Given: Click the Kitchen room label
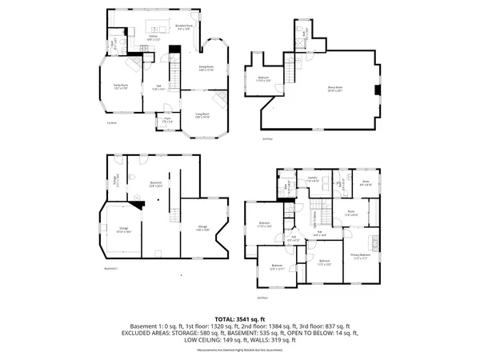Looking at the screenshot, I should tap(153, 38).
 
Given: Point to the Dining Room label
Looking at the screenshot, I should tap(206, 68).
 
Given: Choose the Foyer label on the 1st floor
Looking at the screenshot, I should tap(168, 121).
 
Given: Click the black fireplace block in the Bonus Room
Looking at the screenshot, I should tap(377, 90).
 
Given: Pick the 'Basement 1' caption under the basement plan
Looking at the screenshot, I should tap(111, 268).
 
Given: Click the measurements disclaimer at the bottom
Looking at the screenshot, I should tap(239, 350).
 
